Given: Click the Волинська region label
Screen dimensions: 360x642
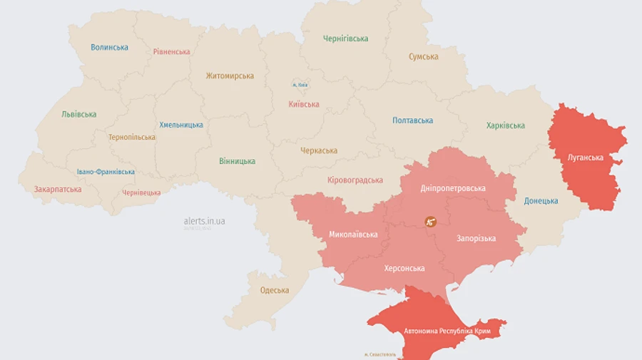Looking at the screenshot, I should pyautogui.click(x=109, y=48).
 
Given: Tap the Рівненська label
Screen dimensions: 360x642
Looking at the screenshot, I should pyautogui.click(x=171, y=52).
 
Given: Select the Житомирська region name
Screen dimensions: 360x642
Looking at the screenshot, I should pyautogui.click(x=230, y=76).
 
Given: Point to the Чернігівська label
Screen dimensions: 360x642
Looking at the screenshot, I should pyautogui.click(x=345, y=38).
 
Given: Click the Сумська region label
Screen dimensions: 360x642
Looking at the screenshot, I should pyautogui.click(x=423, y=57).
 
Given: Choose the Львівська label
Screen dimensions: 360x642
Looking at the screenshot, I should pyautogui.click(x=78, y=114).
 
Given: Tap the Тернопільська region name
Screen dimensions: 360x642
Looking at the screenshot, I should pyautogui.click(x=132, y=137).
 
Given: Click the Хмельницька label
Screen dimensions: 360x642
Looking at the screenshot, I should pyautogui.click(x=181, y=125).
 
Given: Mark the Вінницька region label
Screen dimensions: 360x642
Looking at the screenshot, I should pyautogui.click(x=237, y=161).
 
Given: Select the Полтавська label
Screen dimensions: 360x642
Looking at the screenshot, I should pyautogui.click(x=412, y=120).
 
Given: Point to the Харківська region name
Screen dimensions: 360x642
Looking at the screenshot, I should pyautogui.click(x=505, y=126).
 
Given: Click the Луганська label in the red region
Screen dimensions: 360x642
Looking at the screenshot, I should pyautogui.click(x=585, y=157).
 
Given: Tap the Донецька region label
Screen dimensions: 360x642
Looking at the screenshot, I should pyautogui.click(x=541, y=201).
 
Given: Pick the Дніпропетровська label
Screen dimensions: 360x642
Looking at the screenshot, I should pyautogui.click(x=453, y=189).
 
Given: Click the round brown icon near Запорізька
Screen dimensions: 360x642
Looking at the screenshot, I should pyautogui.click(x=430, y=222).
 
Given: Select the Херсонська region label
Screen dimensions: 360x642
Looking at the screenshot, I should pyautogui.click(x=404, y=269).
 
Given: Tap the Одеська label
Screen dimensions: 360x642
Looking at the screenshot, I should pyautogui.click(x=275, y=290).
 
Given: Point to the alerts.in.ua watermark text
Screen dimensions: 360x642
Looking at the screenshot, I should pyautogui.click(x=204, y=221).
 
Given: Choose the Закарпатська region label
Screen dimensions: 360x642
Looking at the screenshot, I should pyautogui.click(x=58, y=190).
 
